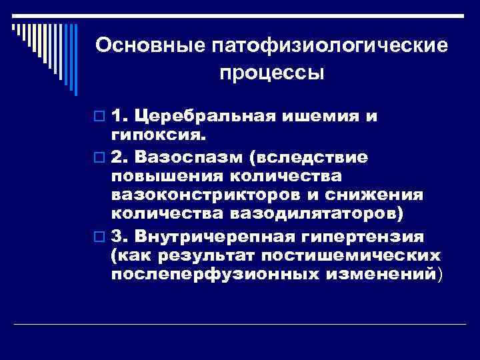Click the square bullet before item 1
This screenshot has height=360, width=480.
(x=100, y=117)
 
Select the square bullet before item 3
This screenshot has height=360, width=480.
(x=100, y=236)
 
